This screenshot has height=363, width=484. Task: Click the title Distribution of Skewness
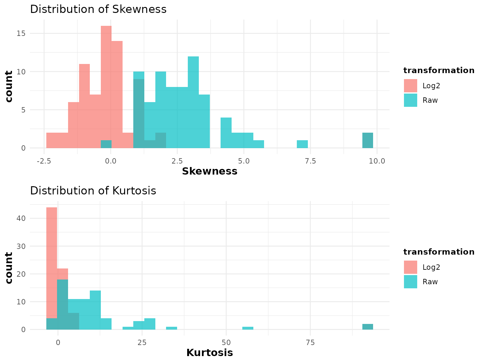click(98, 9)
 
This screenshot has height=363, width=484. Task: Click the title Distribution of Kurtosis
click(93, 191)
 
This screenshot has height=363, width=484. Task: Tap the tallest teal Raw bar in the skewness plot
click(193, 101)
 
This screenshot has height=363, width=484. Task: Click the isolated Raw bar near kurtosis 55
click(248, 328)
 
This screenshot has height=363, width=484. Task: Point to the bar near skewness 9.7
click(368, 141)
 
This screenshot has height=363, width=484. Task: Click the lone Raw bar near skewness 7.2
click(302, 144)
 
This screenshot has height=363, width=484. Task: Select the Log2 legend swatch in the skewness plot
click(411, 86)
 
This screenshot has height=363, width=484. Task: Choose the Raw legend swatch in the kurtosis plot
click(411, 282)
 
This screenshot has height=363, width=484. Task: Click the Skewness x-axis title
click(210, 171)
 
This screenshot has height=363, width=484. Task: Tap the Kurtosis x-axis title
click(210, 353)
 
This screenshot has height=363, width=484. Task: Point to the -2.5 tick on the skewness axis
click(44, 161)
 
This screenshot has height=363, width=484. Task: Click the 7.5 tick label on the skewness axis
click(310, 161)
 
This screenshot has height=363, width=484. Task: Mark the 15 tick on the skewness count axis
click(21, 33)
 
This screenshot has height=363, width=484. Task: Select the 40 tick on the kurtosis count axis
click(21, 218)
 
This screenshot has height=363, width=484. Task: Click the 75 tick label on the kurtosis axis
click(310, 343)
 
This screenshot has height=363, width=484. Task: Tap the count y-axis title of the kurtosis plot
click(9, 268)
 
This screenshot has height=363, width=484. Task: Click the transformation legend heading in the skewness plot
click(439, 70)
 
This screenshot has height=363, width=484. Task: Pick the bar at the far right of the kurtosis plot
click(368, 327)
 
